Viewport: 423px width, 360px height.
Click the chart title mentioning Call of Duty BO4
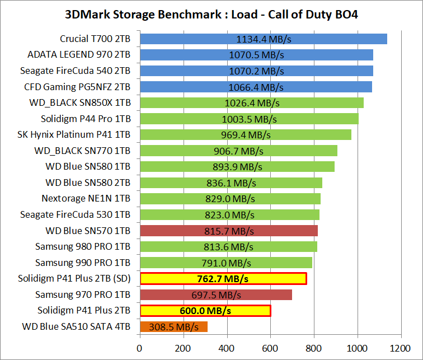pos(211,14)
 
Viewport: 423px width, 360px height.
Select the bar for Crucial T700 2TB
pos(264,39)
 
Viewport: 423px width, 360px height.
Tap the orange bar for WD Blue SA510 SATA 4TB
pos(173,326)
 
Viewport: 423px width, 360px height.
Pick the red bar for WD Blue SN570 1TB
pos(229,231)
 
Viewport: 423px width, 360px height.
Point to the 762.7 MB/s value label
pos(223,279)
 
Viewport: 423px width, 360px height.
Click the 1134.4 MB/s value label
pos(264,39)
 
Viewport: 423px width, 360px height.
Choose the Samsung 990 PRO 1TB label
pos(83,263)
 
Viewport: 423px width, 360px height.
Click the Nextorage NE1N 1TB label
pos(86,199)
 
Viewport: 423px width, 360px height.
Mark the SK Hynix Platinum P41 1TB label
pos(74,135)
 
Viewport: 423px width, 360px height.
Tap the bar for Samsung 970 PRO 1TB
pos(216,294)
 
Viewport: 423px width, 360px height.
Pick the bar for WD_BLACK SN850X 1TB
pos(252,103)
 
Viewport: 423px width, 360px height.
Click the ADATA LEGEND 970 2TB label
pos(79,55)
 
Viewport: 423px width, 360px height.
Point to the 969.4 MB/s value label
pos(246,135)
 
